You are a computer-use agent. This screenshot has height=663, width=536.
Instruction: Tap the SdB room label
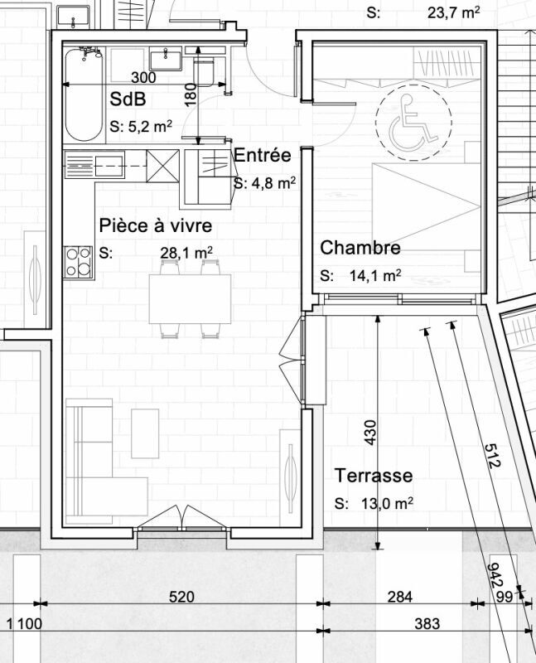[x=128, y=99]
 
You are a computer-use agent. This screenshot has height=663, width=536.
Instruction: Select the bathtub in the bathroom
[x=84, y=94]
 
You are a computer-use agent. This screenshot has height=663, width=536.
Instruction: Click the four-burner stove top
[x=78, y=262]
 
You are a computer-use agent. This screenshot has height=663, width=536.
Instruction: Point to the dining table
[x=190, y=299]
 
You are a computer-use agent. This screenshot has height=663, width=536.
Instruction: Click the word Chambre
[x=360, y=247]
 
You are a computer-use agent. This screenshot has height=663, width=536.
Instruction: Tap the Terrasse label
[x=374, y=475]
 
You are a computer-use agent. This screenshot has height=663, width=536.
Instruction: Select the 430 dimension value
[x=369, y=432]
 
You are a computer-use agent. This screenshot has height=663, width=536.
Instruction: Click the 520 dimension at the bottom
[x=181, y=597]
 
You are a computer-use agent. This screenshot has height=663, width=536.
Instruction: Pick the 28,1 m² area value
[x=186, y=253]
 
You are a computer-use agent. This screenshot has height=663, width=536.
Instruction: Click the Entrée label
[x=263, y=155]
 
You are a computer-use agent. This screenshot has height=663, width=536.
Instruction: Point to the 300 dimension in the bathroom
[x=143, y=77]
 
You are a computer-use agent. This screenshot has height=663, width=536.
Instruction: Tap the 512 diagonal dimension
[x=492, y=455]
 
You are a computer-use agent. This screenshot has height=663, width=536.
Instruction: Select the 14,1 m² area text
[x=375, y=276]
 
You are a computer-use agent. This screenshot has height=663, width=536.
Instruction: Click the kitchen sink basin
[x=109, y=165]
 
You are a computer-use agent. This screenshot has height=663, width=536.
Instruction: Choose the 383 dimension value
[x=427, y=624]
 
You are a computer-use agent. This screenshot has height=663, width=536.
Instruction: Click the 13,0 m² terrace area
[x=387, y=503]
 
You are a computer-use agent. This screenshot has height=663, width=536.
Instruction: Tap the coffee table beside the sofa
[x=145, y=433]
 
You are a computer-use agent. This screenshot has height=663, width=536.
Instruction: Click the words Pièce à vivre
[x=156, y=225]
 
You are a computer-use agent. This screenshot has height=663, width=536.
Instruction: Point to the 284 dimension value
[x=400, y=597]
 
